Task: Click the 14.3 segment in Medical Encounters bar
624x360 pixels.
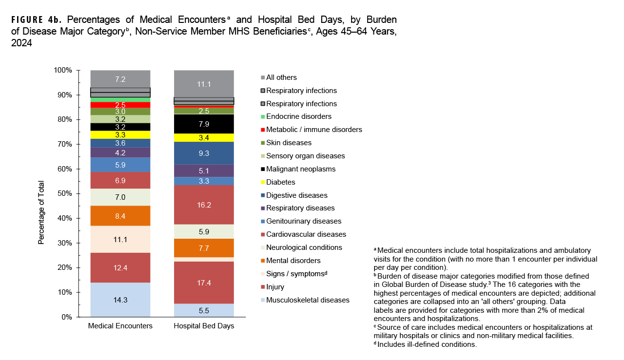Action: pos(120,300)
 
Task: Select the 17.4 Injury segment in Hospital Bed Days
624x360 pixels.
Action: pos(204,283)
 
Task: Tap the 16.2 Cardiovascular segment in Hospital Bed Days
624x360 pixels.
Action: pos(204,205)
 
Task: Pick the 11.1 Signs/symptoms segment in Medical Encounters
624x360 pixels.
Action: pos(120,239)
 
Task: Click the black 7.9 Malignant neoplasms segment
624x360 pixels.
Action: pos(204,124)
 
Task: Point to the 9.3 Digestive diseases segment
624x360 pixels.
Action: pos(204,153)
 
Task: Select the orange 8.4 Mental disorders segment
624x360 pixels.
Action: pos(120,216)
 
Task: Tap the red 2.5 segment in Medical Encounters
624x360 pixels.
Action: pos(120,105)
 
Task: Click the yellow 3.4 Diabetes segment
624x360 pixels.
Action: pos(204,138)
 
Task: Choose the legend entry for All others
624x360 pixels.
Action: pos(281,77)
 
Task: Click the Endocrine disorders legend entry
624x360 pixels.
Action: pos(298,116)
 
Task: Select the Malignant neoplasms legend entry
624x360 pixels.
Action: pos(300,169)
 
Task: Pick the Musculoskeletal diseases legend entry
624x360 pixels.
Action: pos(307,300)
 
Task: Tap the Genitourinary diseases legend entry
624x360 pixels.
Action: pos(303,221)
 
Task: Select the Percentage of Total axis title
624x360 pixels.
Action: pos(42,212)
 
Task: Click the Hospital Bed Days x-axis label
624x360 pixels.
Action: pos(204,326)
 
